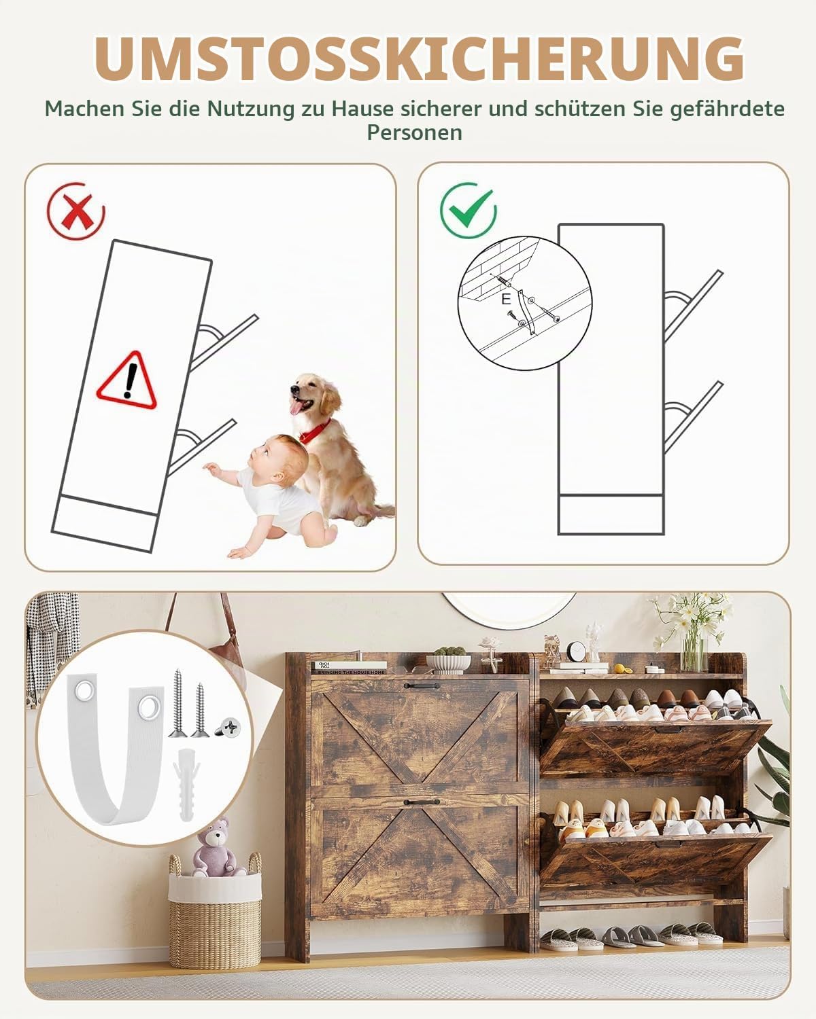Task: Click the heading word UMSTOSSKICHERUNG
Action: tap(419, 58)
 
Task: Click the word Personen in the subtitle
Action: tap(415, 132)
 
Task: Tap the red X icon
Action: tap(76, 211)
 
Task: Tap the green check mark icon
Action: tap(469, 211)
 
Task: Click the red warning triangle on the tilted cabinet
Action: tap(127, 380)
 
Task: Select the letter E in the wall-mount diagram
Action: tap(507, 300)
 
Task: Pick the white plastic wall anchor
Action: tap(187, 784)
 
